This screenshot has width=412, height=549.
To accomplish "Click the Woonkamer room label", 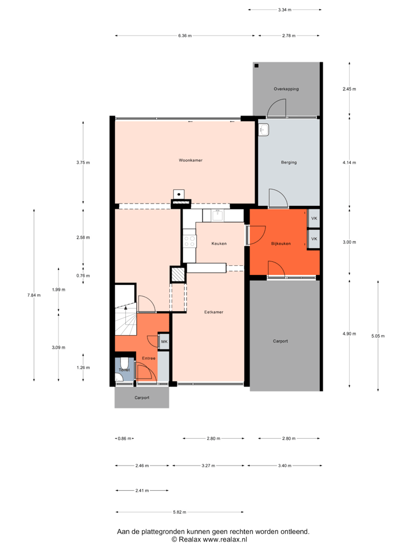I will click(x=191, y=160).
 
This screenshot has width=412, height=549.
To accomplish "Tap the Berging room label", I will click(x=289, y=162).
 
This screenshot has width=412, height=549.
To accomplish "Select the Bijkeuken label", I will click(x=281, y=244).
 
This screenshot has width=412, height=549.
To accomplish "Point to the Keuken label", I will click(x=219, y=243).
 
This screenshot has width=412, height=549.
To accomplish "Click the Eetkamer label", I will click(x=214, y=312).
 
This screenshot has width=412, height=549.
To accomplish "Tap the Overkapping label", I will click(x=286, y=89).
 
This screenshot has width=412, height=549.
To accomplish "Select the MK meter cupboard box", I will click(x=164, y=342).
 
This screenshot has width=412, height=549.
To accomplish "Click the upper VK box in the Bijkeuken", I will click(x=314, y=218).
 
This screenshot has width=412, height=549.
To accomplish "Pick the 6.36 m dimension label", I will click(x=185, y=35).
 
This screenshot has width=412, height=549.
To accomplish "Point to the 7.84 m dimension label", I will click(x=34, y=295).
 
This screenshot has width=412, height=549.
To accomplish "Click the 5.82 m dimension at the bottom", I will click(x=180, y=512).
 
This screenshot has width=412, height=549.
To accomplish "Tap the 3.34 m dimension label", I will click(x=284, y=10).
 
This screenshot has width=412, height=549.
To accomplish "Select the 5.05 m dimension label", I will click(x=378, y=336).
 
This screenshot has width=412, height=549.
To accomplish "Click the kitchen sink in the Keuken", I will click(x=217, y=215).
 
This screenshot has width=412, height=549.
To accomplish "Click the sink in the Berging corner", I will click(x=264, y=130).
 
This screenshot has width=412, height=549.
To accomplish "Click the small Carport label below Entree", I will click(x=141, y=397).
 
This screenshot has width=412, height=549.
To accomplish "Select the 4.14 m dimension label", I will click(x=349, y=162).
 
